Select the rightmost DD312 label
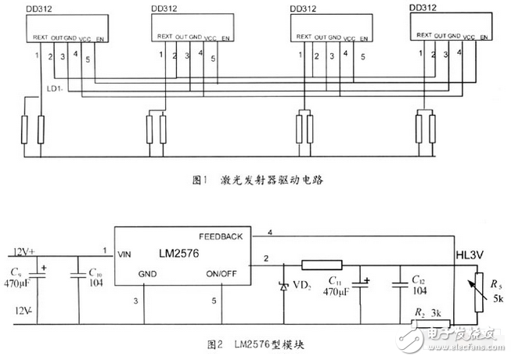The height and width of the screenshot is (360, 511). click(x=423, y=8)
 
